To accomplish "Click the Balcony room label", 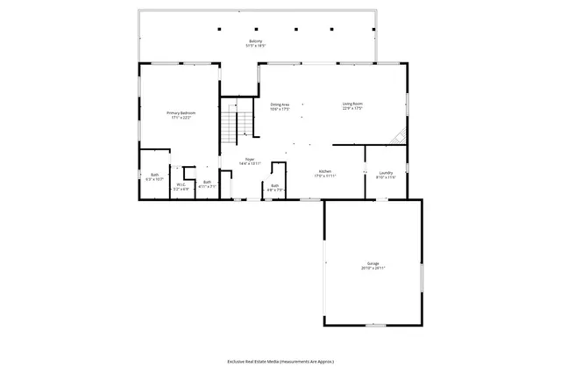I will (x=255, y=41).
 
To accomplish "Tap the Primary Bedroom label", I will (x=181, y=113).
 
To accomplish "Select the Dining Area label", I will (x=280, y=104).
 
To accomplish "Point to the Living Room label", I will (x=352, y=104).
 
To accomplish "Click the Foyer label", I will (x=250, y=159).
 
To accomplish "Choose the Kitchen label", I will (x=324, y=171).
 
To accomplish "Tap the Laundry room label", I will (x=386, y=172).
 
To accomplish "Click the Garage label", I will (x=373, y=263).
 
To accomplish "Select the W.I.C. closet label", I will (x=181, y=184).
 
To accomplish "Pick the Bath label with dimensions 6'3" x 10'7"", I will (x=154, y=176).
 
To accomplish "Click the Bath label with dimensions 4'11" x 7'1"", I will (x=207, y=182).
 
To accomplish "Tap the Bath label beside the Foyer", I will (x=274, y=185).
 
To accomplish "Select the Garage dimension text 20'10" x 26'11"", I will (x=373, y=268).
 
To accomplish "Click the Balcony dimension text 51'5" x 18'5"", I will (x=255, y=46).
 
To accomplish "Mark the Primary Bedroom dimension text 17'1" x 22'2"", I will (x=181, y=118).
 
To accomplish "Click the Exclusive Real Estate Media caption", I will (x=280, y=361).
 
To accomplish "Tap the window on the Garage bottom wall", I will (x=375, y=326).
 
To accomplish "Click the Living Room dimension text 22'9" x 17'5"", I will (x=352, y=109).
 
